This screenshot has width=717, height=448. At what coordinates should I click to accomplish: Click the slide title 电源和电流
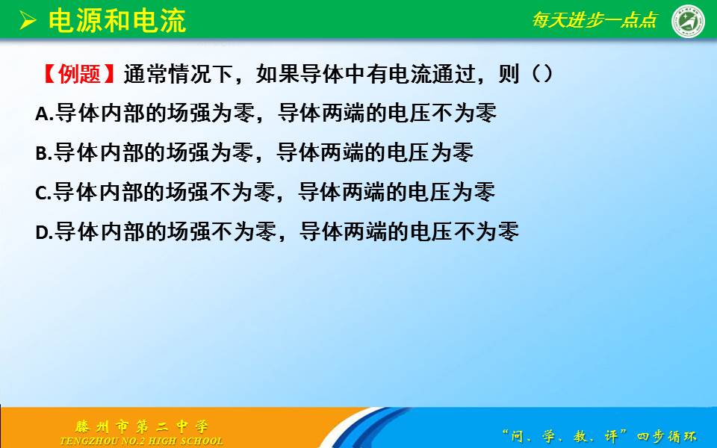(x=117, y=21)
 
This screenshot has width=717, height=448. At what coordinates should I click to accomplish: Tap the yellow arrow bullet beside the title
(x=28, y=21)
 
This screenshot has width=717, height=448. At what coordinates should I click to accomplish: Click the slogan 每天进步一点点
(x=595, y=19)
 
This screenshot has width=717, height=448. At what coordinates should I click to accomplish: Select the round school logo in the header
(x=688, y=21)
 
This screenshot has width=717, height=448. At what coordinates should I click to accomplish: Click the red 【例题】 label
(x=78, y=74)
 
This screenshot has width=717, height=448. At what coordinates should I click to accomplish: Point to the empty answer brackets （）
(x=543, y=74)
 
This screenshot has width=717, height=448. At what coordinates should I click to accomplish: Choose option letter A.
(x=43, y=113)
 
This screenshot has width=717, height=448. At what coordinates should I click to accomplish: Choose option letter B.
(x=42, y=153)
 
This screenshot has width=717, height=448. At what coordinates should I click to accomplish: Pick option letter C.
(x=42, y=193)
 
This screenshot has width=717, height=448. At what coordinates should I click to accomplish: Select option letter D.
(x=43, y=232)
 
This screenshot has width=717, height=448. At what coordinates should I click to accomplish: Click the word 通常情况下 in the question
(x=179, y=74)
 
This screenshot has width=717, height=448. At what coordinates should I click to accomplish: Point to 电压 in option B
(x=408, y=152)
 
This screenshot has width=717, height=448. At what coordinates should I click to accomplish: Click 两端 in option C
(x=364, y=192)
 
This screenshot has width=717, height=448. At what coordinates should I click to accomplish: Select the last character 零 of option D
(x=509, y=231)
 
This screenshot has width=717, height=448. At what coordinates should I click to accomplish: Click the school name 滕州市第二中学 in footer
(x=142, y=427)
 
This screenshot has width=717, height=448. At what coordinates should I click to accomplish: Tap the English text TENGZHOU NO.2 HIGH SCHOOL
(x=142, y=441)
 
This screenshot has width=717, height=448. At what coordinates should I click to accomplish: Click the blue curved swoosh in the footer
(x=361, y=427)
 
